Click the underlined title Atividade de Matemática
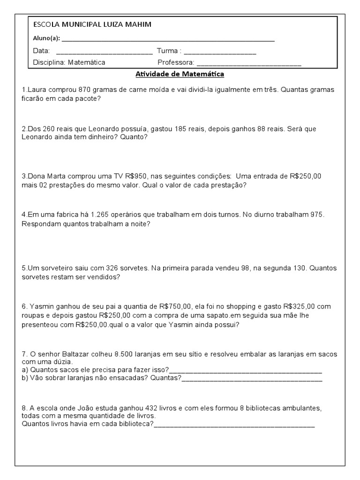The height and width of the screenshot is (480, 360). pos(180,74)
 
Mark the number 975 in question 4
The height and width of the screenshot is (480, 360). pos(317,215)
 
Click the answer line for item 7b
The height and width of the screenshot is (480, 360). pos(252,380)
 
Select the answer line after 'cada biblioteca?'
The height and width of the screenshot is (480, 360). pos(234,426)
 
